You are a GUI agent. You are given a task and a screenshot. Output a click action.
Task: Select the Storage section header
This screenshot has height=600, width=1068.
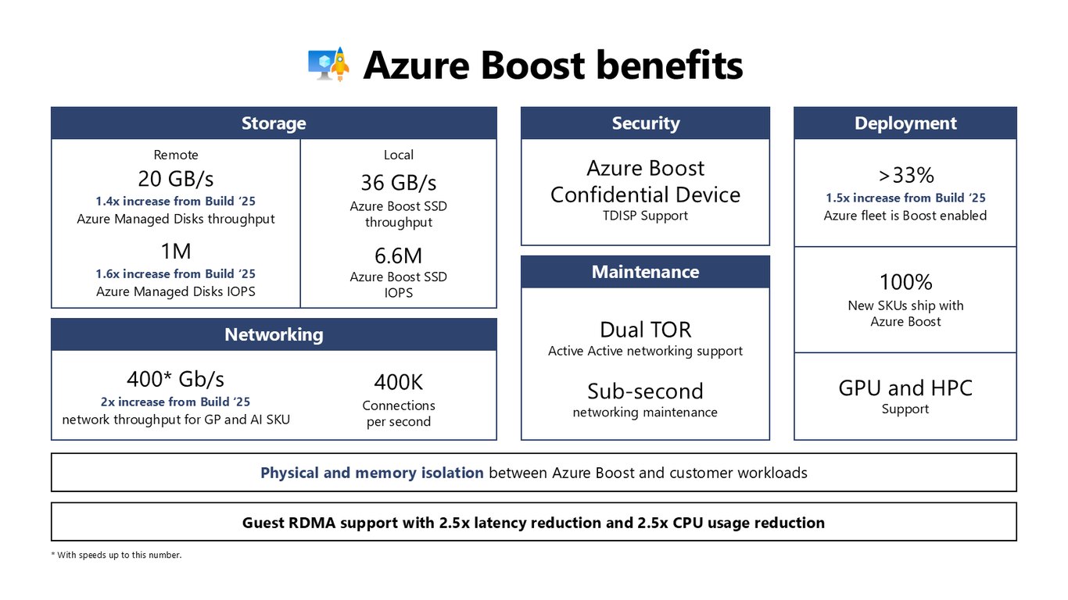pos(274,123)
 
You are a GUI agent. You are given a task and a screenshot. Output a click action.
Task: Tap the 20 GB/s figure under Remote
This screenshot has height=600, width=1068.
pos(175,179)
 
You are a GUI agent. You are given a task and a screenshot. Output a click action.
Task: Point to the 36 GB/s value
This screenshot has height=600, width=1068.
pos(399,183)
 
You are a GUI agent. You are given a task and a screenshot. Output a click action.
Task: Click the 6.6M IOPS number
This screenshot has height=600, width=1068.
pos(399,256)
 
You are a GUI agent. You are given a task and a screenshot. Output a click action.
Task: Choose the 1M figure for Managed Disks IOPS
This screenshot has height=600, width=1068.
pos(175,251)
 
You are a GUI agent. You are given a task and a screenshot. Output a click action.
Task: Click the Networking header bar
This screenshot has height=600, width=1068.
pos(274,334)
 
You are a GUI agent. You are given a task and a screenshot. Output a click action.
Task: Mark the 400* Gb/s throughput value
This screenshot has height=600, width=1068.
pos(175,380)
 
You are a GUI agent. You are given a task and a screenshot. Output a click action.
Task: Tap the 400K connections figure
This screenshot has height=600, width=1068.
pos(399,382)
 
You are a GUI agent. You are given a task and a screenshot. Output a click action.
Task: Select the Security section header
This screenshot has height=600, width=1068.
pos(646,123)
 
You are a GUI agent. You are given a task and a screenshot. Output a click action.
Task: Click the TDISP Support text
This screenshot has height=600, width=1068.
pos(646,216)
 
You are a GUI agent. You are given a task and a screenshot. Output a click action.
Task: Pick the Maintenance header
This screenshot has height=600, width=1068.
pos(646,272)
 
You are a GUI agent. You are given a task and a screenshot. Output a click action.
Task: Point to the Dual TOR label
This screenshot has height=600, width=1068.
pos(646,330)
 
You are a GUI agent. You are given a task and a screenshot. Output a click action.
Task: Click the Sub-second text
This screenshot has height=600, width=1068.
pos(646,391)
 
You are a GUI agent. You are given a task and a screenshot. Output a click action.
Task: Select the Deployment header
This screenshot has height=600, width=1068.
pos(905,123)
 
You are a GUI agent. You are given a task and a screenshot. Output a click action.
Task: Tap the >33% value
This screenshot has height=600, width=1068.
pos(906,175)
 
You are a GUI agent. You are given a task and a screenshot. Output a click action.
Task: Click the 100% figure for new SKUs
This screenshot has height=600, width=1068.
pos(906,282)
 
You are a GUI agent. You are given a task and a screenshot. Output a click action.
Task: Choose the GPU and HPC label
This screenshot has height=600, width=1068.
pos(905,388)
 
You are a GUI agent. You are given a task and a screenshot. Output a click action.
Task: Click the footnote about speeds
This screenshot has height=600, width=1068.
pos(116,555)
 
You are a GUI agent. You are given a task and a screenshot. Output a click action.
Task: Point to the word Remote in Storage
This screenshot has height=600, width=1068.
pos(175,155)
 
